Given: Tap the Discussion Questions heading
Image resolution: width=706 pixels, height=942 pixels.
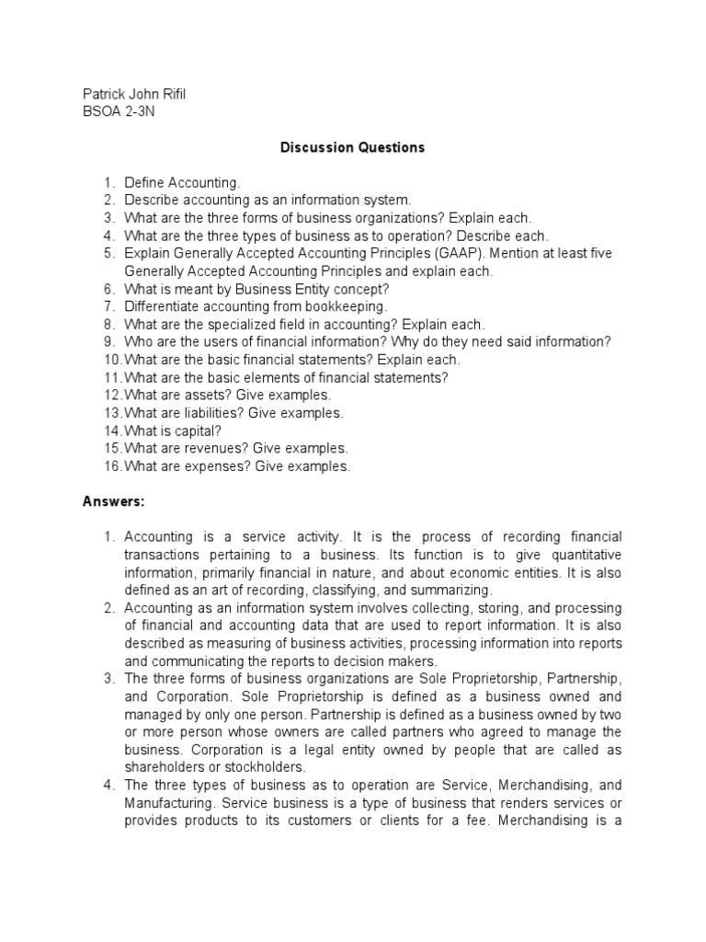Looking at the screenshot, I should coord(353,147).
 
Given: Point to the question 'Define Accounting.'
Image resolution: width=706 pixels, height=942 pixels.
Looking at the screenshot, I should coord(182,183).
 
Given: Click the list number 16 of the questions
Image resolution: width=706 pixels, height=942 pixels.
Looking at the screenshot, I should coord(112,466).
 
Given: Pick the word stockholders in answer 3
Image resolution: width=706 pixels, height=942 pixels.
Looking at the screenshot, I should coord(265,766).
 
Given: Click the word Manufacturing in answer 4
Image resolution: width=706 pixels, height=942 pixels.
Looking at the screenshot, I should coord(165,802).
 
